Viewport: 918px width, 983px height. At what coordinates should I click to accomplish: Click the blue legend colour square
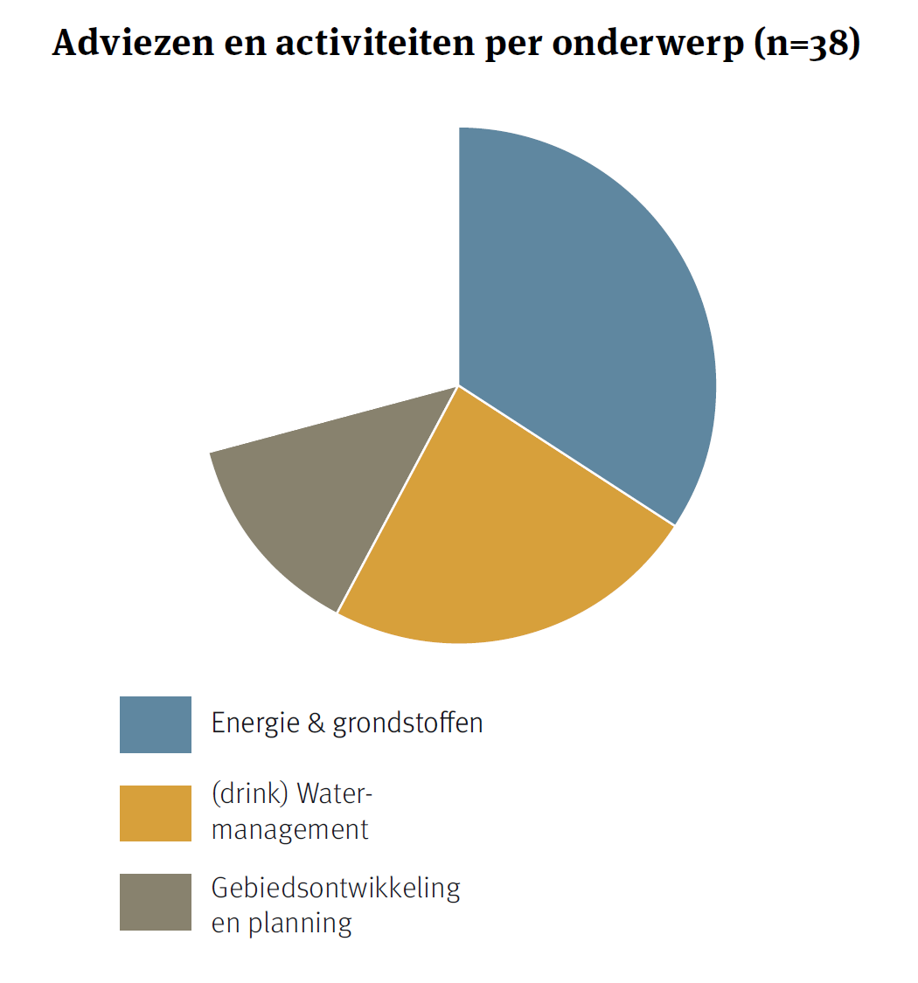(x=156, y=724)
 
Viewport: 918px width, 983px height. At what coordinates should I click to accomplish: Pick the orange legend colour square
(x=156, y=813)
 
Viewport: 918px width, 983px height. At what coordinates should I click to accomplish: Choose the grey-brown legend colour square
(x=156, y=902)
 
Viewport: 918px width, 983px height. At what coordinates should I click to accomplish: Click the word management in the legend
(x=290, y=829)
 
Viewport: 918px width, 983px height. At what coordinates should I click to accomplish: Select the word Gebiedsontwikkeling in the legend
(x=336, y=888)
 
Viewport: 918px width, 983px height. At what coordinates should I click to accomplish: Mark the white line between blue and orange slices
(x=567, y=455)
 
